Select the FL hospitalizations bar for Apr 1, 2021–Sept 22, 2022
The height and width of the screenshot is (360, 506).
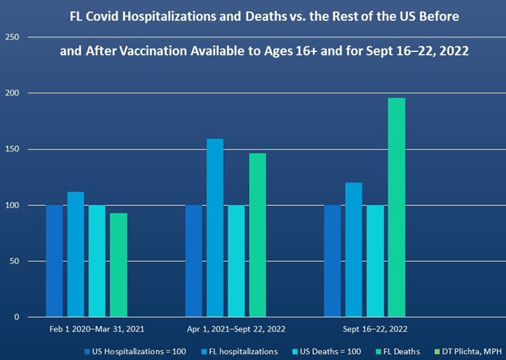[215, 228]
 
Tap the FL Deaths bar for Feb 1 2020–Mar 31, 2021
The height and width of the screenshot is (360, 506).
[118, 264]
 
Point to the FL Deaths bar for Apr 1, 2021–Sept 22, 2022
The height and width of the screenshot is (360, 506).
[257, 234]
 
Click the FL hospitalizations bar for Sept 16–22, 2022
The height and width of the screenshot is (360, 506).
[354, 250]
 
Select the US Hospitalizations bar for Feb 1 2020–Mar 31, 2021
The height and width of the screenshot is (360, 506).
[54, 261]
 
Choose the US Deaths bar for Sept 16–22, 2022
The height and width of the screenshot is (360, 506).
[375, 261]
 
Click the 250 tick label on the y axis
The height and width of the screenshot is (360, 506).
[14, 38]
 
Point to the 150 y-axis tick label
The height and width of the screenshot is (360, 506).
[14, 149]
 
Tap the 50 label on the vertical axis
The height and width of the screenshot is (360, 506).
[16, 261]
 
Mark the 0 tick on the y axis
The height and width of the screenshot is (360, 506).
[19, 317]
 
